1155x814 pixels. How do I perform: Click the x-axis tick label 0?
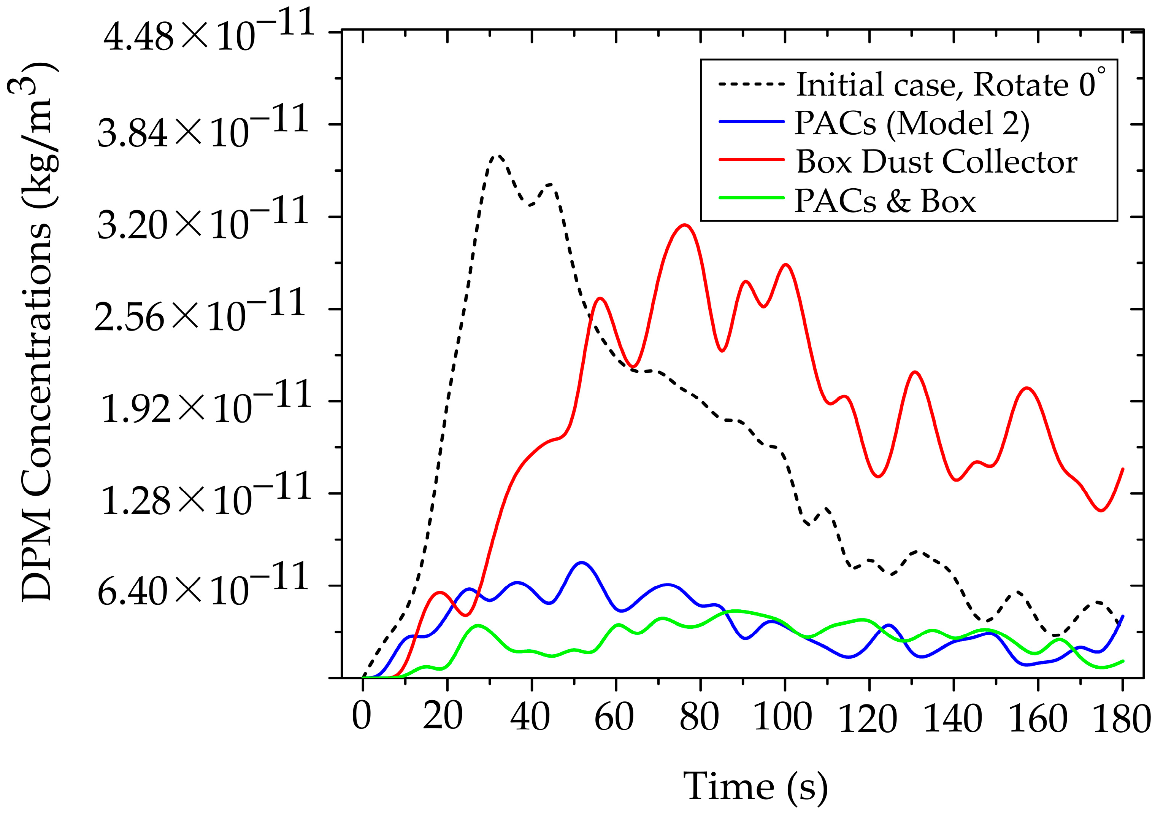pyautogui.click(x=361, y=716)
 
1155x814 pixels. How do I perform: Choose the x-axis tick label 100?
pyautogui.click(x=783, y=716)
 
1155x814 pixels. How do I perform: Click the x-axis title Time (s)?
pyautogui.click(x=755, y=785)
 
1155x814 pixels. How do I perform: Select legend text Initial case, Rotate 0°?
pyautogui.click(x=951, y=84)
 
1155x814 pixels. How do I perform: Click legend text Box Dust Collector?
pyautogui.click(x=936, y=162)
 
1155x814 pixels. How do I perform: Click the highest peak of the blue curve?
pyautogui.click(x=582, y=562)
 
